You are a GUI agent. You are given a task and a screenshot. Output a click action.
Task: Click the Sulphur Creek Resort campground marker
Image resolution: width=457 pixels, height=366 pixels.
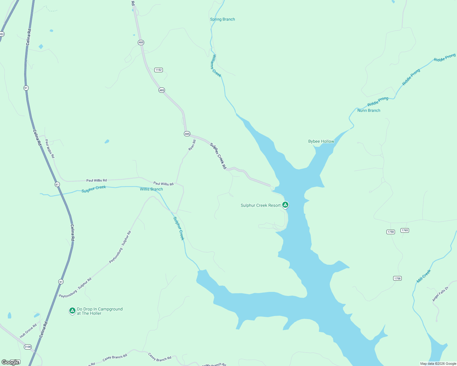click(285, 205)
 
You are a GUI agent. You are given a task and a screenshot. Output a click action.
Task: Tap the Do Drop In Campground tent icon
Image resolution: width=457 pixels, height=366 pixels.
click(72, 310)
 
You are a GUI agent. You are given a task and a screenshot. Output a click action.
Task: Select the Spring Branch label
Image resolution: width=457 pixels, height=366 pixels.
click(222, 19)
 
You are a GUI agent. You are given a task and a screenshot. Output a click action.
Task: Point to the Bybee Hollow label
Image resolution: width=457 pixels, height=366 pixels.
click(321, 141)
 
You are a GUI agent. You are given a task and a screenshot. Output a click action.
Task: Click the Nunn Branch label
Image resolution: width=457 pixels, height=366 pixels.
click(369, 110)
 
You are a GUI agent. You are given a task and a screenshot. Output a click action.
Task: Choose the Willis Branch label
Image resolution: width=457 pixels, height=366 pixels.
click(151, 189)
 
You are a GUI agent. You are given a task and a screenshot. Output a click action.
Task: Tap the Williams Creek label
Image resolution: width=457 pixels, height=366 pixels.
click(216, 66)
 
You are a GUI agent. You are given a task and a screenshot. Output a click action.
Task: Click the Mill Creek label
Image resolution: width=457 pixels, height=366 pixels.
click(424, 276)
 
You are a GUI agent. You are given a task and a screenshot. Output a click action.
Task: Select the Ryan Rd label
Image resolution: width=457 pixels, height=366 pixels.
click(192, 145)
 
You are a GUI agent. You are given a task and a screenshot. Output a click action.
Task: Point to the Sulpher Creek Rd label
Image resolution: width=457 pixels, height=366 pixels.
click(218, 156)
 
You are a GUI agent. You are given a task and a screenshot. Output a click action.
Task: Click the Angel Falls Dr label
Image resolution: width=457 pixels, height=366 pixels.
click(440, 294)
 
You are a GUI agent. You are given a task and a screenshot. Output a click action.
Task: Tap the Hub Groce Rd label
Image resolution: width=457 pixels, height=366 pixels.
click(28, 331)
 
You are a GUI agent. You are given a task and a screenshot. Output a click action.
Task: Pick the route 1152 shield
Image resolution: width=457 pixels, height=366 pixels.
click(158, 70)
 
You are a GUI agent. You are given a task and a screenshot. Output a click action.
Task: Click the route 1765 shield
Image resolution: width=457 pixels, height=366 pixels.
click(405, 230)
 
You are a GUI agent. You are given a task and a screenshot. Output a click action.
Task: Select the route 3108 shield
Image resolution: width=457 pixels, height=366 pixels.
click(28, 347)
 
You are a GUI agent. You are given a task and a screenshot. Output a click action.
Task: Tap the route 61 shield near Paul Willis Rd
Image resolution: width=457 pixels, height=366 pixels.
click(57, 185)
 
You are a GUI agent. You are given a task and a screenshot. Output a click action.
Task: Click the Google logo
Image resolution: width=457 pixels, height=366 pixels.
click(10, 362)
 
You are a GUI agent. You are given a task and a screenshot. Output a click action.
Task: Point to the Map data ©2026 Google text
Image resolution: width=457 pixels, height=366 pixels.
click(438, 364)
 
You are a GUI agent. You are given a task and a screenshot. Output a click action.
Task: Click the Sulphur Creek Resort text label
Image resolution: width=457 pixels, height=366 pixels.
click(260, 205)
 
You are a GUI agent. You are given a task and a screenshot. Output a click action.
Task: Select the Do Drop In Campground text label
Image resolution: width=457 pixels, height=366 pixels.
click(100, 311)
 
